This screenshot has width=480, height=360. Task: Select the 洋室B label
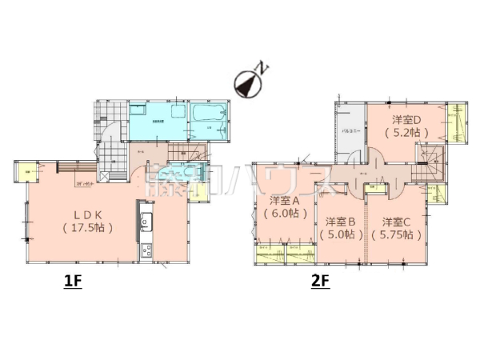(x=340, y=222)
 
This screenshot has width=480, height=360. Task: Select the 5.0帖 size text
(x=340, y=235)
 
